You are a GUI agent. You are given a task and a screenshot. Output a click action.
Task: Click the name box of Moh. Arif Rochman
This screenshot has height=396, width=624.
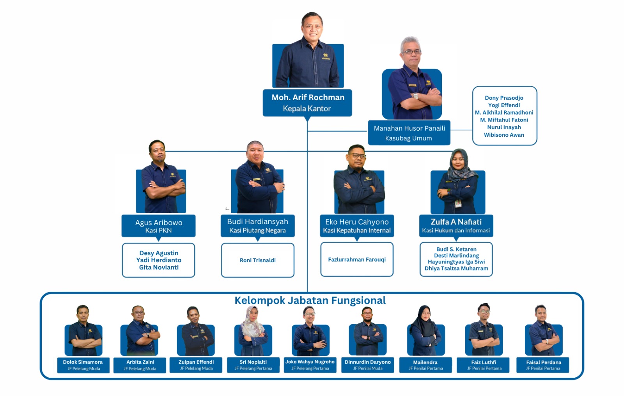[307, 103]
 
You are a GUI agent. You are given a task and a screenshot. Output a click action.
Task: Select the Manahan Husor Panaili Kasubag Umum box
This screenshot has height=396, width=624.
[409, 133]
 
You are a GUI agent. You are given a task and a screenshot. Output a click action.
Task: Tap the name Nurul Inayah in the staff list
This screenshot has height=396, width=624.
[504, 127]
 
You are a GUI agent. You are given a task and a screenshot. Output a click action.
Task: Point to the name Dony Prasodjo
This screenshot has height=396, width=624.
[504, 98]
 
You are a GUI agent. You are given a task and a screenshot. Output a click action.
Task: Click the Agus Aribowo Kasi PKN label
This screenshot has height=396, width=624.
[158, 226]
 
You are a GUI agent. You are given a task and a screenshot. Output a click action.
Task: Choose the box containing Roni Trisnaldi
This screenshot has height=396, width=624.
[257, 260]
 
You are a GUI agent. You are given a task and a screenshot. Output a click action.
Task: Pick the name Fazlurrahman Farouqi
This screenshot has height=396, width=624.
[356, 259]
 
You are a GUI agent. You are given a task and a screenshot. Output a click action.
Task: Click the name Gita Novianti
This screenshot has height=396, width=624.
[159, 267]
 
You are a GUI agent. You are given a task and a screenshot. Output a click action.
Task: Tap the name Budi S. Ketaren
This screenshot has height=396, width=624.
[456, 249]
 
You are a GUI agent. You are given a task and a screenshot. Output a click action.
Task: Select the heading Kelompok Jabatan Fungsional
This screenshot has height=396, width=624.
[310, 301]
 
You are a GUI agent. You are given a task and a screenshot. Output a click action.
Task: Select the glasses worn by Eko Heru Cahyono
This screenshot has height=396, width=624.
[357, 156]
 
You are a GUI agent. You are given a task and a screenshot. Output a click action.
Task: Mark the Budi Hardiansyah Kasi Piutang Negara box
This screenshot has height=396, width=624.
[257, 226]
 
